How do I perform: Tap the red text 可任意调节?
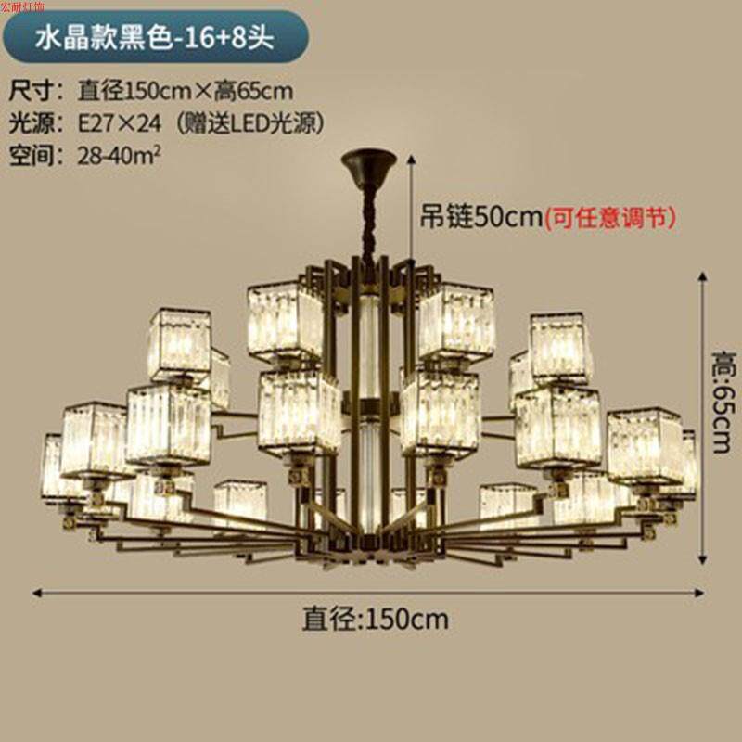point(610,217)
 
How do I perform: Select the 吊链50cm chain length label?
point(480,217)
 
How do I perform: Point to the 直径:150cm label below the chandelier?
point(375,618)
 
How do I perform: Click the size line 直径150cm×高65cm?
point(185,91)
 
